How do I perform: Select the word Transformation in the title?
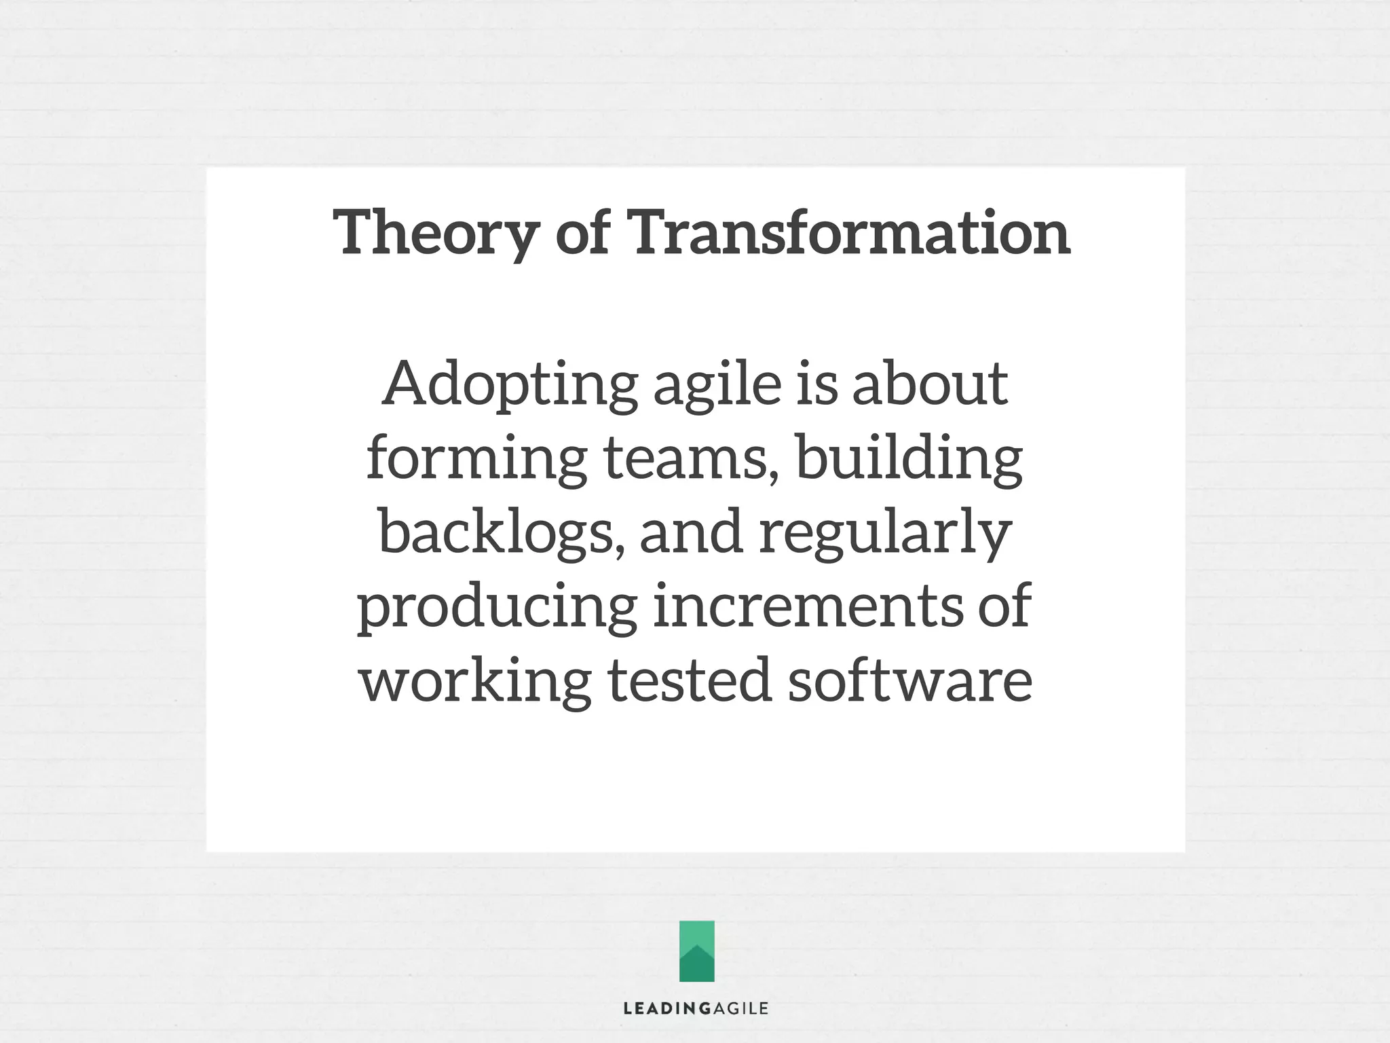point(851,232)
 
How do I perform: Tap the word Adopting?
point(509,384)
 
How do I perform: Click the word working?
point(475,681)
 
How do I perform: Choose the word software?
point(909,681)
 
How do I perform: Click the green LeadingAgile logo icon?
point(696,951)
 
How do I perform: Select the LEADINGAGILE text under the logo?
point(696,1008)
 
